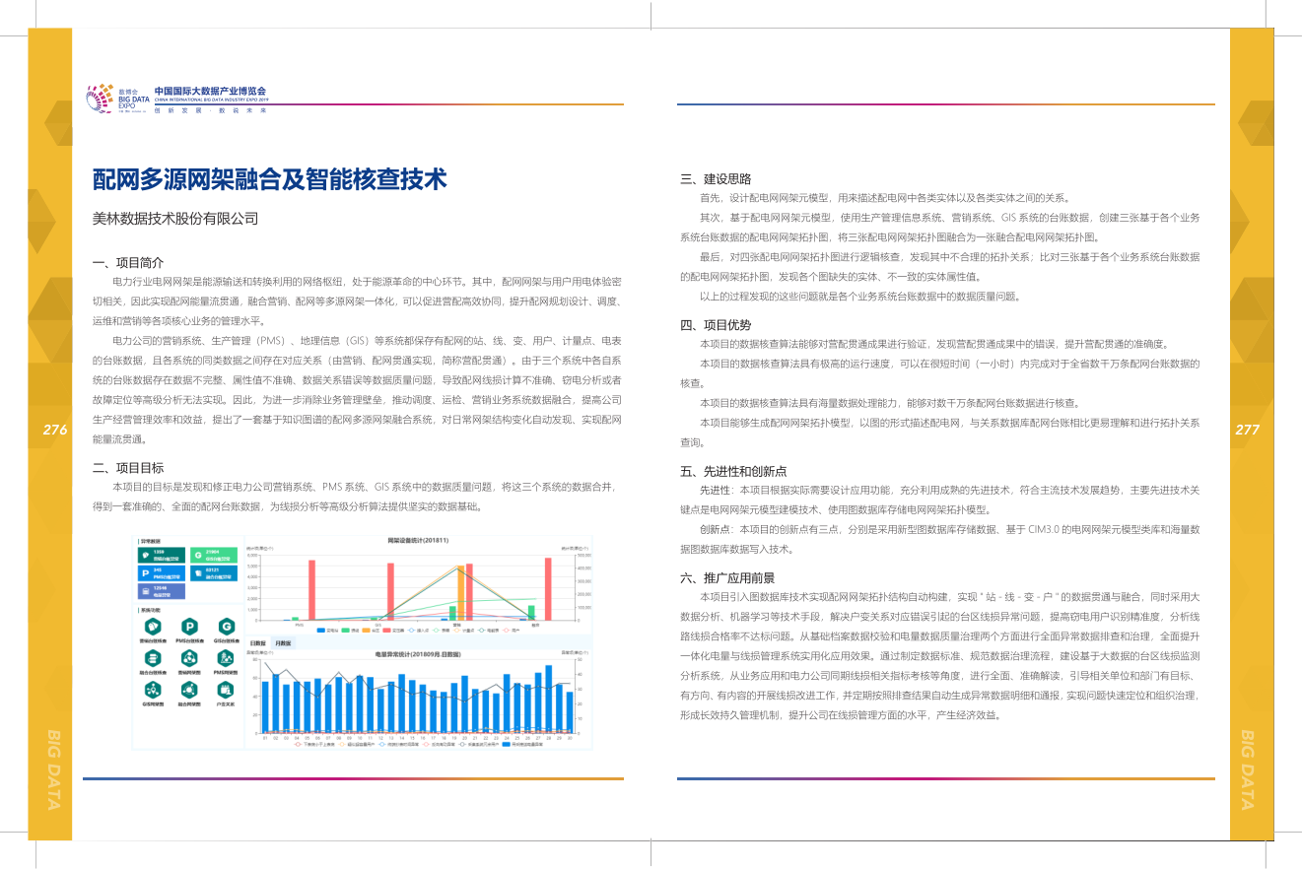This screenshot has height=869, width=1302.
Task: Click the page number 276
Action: point(55,430)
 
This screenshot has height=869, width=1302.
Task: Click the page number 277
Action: point(1247,430)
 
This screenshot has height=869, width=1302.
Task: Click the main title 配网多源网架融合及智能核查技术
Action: point(269,179)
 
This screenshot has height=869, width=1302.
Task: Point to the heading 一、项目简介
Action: point(128,263)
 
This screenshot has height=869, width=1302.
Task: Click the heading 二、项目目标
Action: point(128,468)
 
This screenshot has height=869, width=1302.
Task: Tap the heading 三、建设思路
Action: point(716,179)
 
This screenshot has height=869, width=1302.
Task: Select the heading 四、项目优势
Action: point(716,325)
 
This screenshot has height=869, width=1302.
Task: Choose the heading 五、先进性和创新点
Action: point(733,471)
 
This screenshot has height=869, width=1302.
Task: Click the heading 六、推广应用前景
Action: point(726,578)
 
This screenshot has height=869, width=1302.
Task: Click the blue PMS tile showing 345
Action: point(161,571)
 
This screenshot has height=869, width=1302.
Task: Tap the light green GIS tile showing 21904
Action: point(213,555)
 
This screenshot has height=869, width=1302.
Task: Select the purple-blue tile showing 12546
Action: point(161,589)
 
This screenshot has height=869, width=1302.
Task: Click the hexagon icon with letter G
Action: point(227,626)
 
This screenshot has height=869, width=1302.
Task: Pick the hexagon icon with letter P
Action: point(188,626)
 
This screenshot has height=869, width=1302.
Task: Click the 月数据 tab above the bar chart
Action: point(282,642)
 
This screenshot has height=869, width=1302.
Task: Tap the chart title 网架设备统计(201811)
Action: point(418,540)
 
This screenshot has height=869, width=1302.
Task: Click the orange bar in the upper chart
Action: point(460,595)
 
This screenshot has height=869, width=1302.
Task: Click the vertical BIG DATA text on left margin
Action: point(55,768)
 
